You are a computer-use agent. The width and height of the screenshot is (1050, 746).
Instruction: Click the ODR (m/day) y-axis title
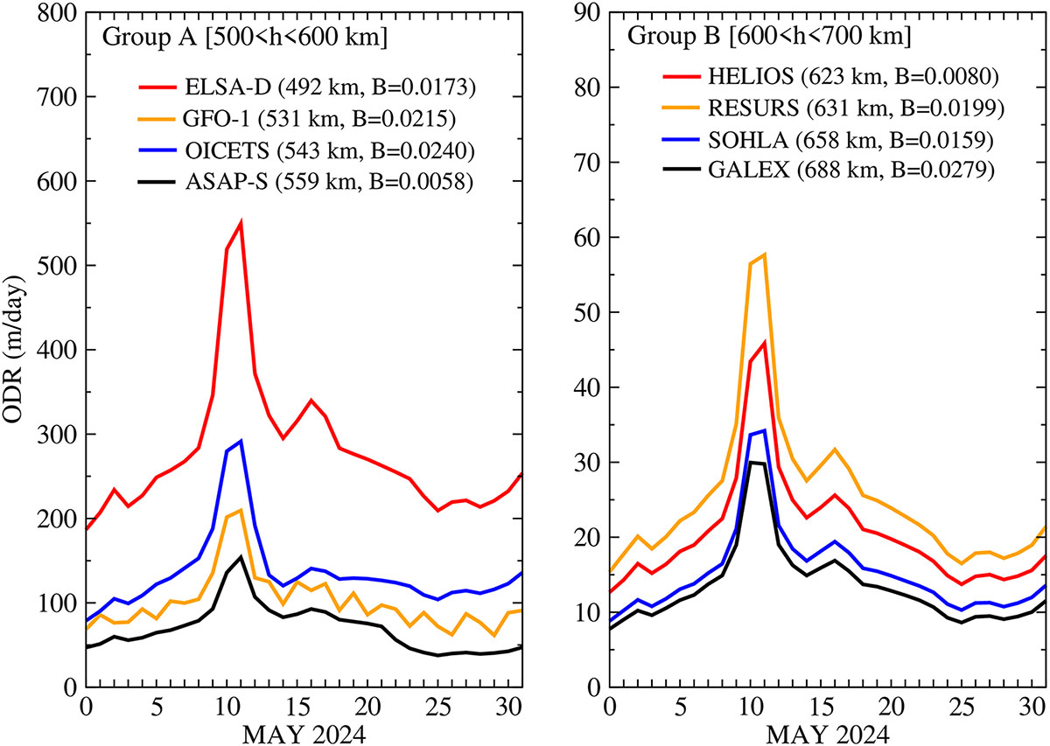tap(17, 350)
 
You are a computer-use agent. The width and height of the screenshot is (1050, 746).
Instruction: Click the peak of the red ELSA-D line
tap(240, 223)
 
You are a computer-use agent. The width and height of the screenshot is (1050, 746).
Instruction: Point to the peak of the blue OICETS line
tap(240, 441)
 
